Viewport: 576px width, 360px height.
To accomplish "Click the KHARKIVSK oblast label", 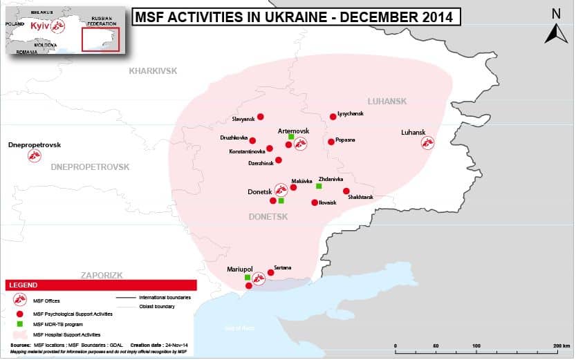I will [154, 71].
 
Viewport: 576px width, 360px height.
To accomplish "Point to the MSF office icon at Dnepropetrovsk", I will [34, 156].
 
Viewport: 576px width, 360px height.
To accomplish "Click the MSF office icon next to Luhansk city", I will [428, 142].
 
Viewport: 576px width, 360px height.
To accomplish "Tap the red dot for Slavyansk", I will [260, 117].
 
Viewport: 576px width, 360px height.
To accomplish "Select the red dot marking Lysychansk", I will [333, 116].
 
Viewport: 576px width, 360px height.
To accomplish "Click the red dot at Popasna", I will [331, 142].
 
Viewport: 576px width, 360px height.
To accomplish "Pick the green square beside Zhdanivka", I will [319, 186].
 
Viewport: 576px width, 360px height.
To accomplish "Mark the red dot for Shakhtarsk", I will [346, 191].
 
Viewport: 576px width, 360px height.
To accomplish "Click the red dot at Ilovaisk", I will [315, 202].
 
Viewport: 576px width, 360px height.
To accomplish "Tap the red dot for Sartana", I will [270, 272].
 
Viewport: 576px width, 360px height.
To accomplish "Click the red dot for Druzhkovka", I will [252, 140].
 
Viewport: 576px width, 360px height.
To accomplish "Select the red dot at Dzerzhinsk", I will [279, 160].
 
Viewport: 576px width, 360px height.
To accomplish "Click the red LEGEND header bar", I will [101, 285].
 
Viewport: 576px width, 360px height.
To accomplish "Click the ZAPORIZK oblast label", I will [101, 275].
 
